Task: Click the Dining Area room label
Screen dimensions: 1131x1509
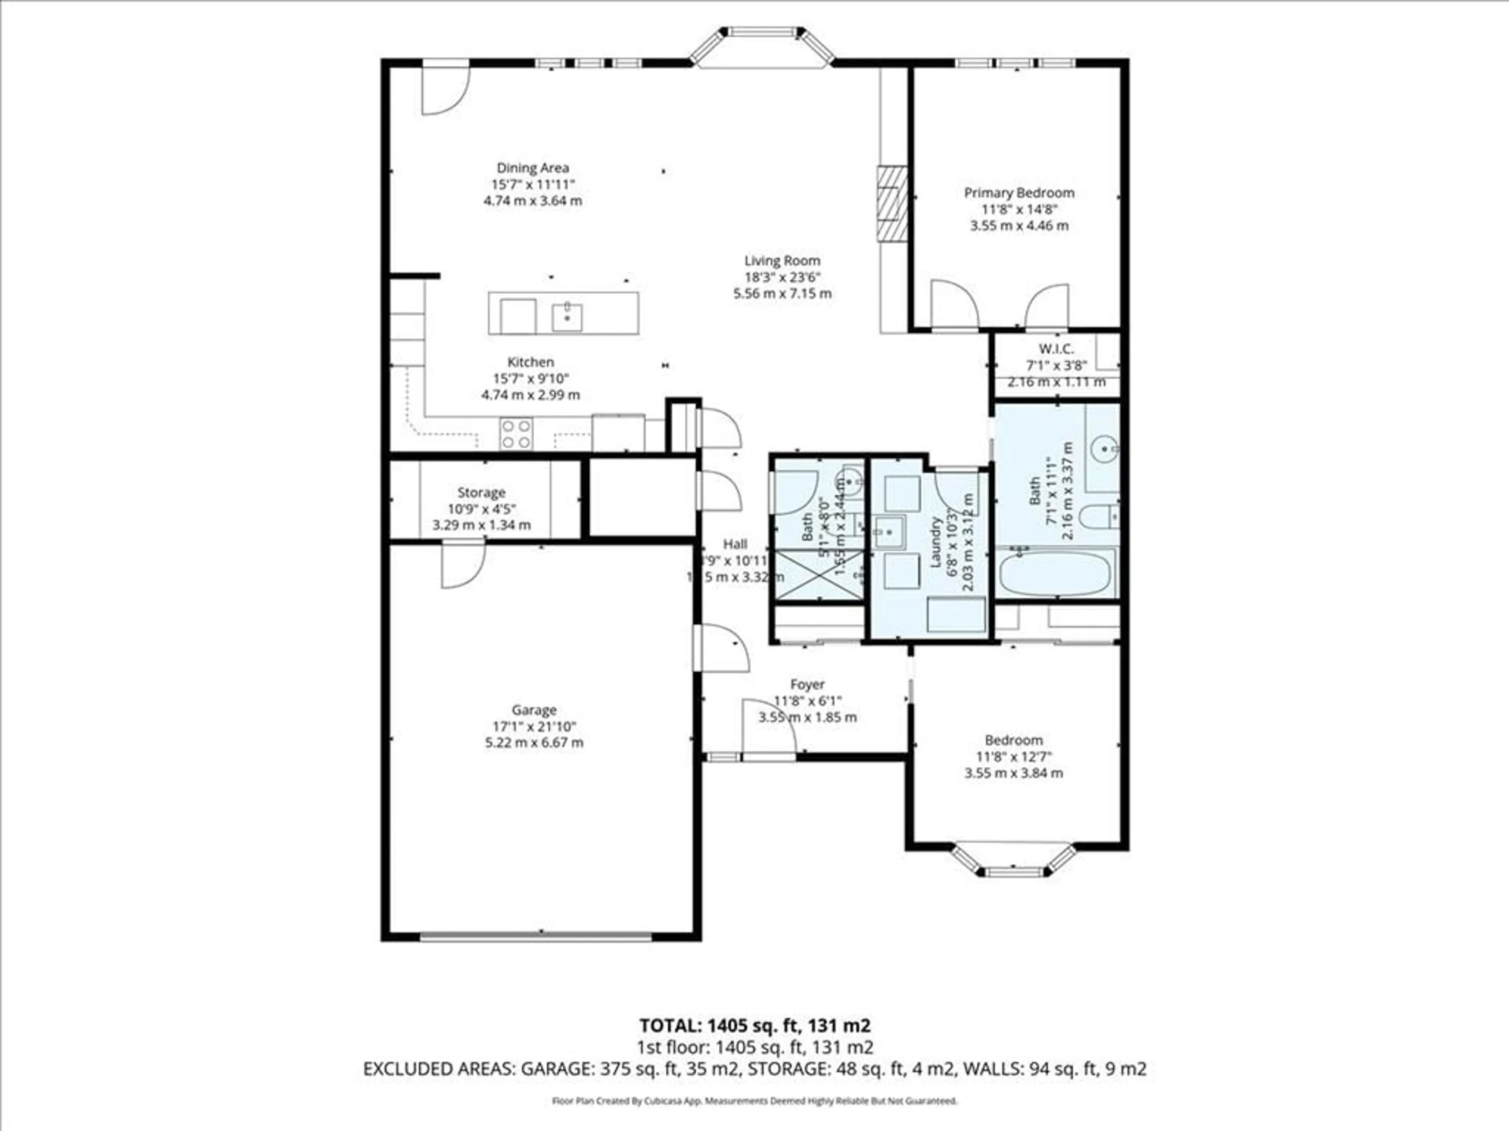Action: [532, 168]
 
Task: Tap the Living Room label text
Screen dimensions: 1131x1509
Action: [782, 260]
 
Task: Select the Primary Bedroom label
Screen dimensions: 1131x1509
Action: [1019, 193]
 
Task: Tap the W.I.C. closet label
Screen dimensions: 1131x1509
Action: [1056, 349]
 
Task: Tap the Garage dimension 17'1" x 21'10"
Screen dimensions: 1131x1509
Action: [534, 726]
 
